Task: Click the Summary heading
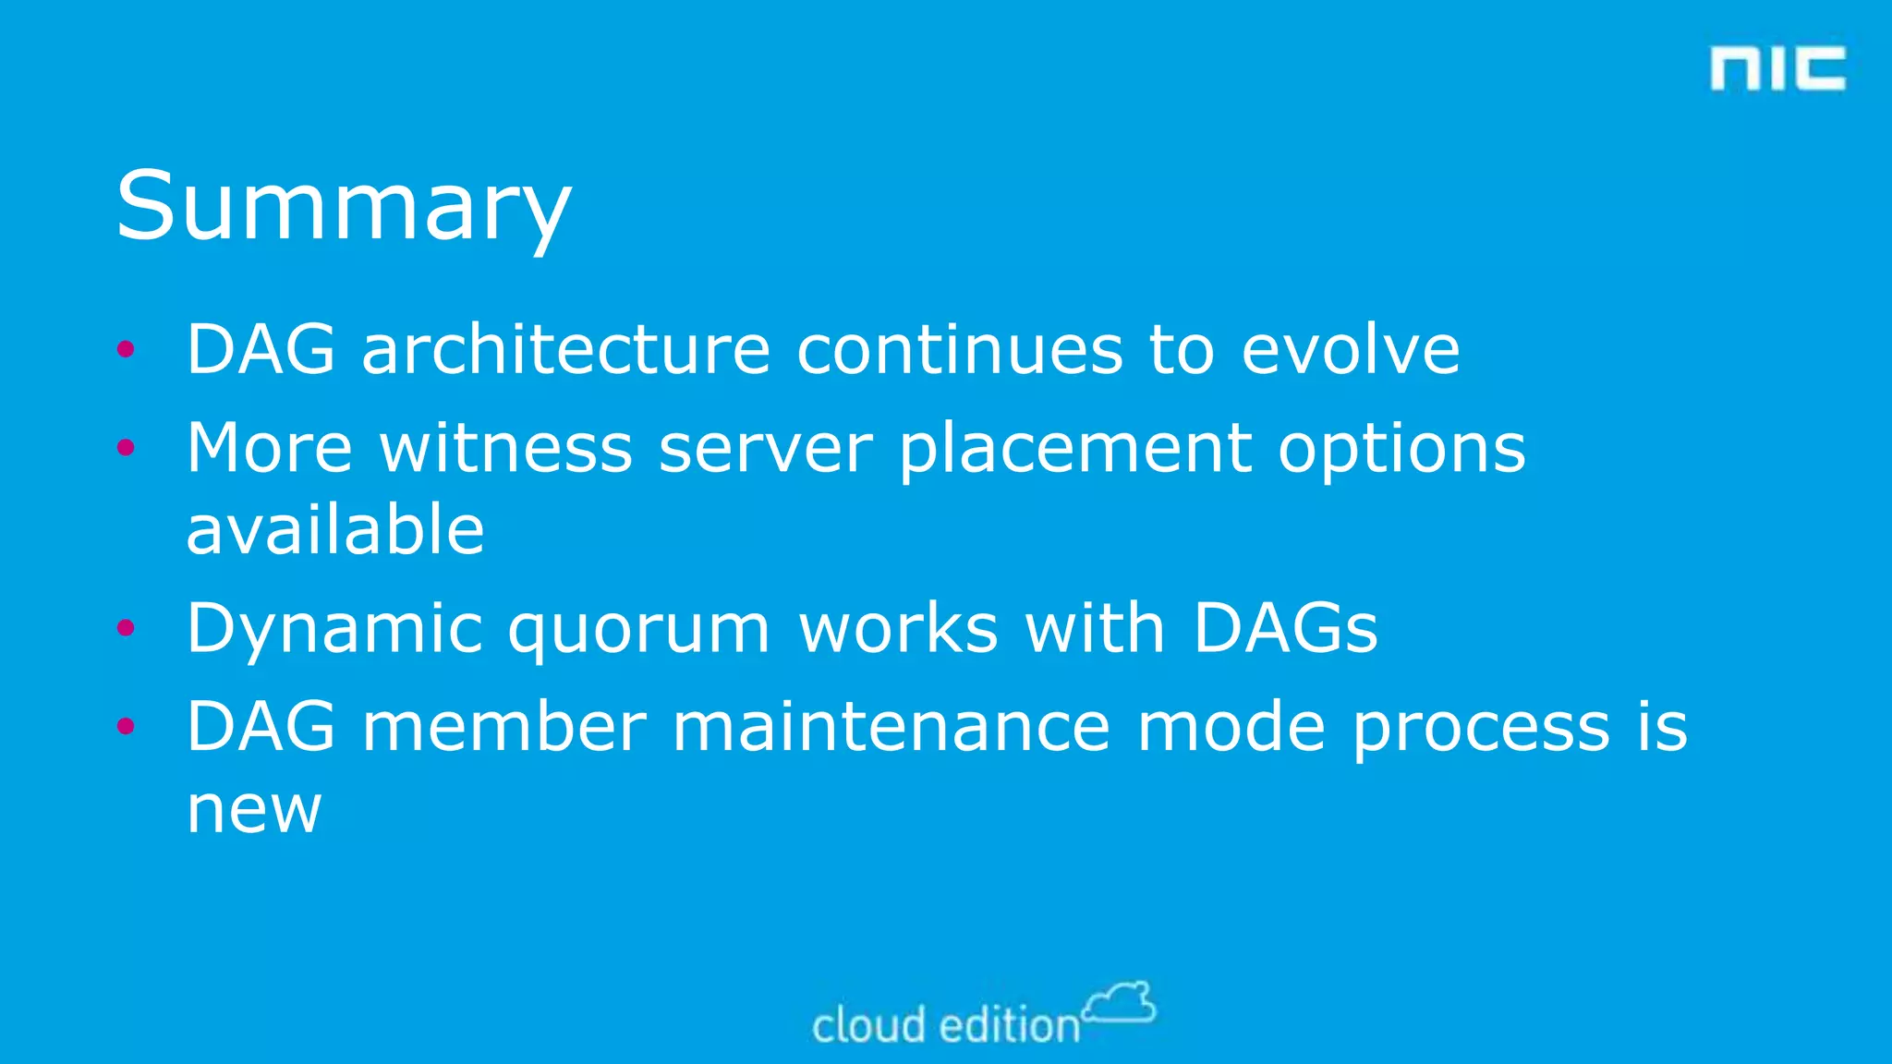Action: [343, 207]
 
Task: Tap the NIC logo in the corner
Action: [1777, 68]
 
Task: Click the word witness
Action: [506, 448]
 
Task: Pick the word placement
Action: [1075, 450]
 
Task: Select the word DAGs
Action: [1285, 628]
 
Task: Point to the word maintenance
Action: [891, 727]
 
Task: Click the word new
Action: [254, 810]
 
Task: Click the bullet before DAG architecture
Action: [127, 349]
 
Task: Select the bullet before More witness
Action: [127, 448]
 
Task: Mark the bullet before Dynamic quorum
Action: [127, 628]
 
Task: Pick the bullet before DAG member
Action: [127, 726]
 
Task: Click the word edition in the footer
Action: [1010, 1025]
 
